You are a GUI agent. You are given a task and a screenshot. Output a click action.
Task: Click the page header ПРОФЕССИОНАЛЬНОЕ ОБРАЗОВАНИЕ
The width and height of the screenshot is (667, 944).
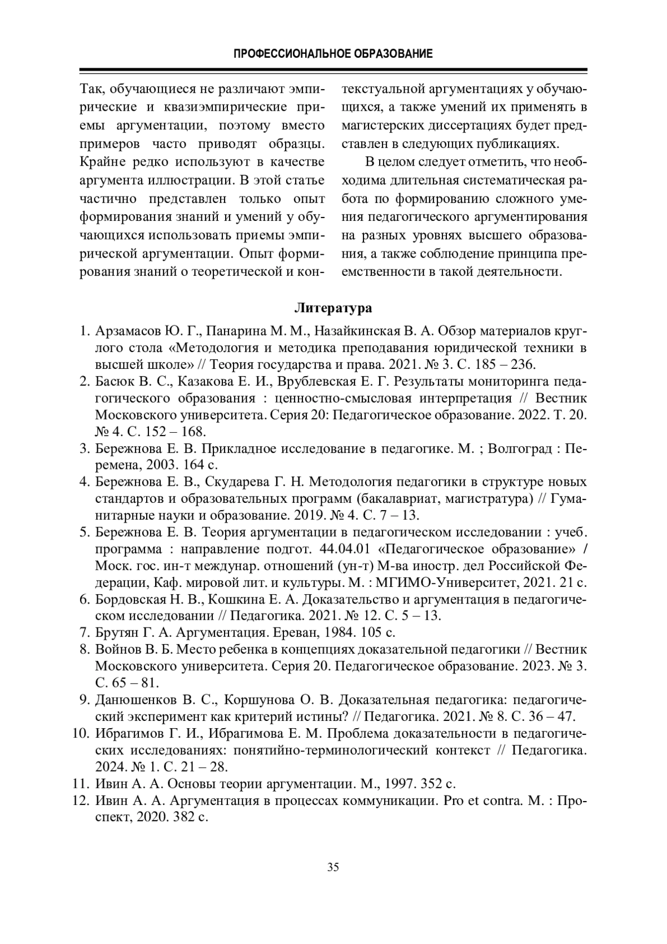(333, 54)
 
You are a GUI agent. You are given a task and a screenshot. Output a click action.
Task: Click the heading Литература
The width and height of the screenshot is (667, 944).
(333, 308)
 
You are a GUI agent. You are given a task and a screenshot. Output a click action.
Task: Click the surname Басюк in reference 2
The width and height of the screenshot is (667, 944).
(115, 382)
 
